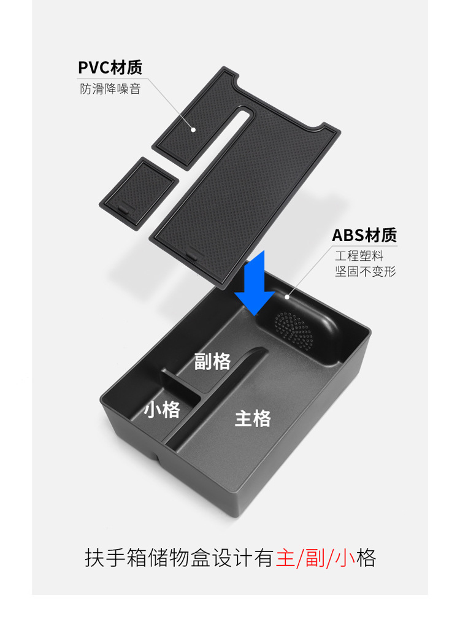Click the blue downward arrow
click(254, 282)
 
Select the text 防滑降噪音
click(110, 88)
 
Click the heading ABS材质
click(364, 235)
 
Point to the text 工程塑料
click(359, 255)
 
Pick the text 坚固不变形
click(365, 271)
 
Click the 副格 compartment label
click(212, 362)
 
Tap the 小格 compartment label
click(162, 409)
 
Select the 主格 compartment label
click(253, 419)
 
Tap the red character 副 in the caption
click(316, 558)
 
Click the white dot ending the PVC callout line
click(193, 129)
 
